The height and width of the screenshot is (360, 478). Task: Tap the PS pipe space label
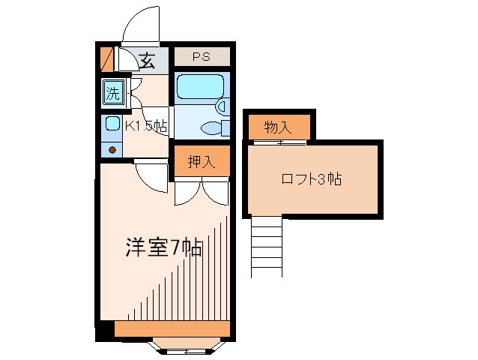[200, 57]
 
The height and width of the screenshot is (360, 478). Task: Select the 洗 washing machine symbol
[112, 94]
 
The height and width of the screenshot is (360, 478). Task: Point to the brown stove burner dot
[112, 150]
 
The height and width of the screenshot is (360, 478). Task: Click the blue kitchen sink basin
[112, 124]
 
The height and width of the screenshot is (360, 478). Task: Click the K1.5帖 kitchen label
[145, 126]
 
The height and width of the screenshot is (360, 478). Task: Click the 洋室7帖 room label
[163, 247]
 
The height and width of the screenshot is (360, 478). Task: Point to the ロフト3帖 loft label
[312, 179]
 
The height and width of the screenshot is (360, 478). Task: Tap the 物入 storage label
[277, 127]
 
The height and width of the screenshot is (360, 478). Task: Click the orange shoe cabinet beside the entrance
[106, 58]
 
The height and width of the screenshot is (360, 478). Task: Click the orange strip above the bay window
[172, 328]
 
